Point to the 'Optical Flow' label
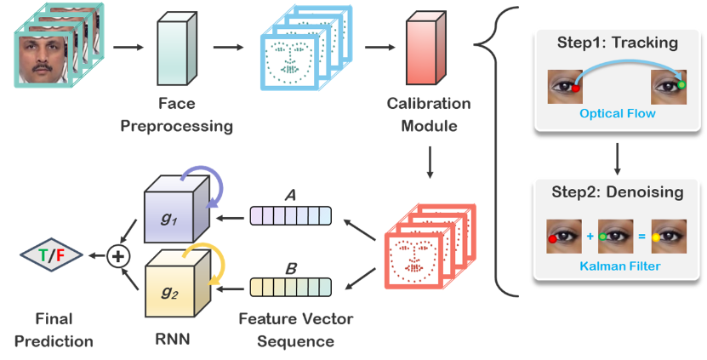[x=618, y=113]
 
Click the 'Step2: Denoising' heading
[x=618, y=192]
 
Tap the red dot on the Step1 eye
[x=576, y=87]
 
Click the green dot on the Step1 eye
[x=681, y=84]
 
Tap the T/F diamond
[x=51, y=254]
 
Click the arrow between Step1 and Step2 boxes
[x=618, y=156]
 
